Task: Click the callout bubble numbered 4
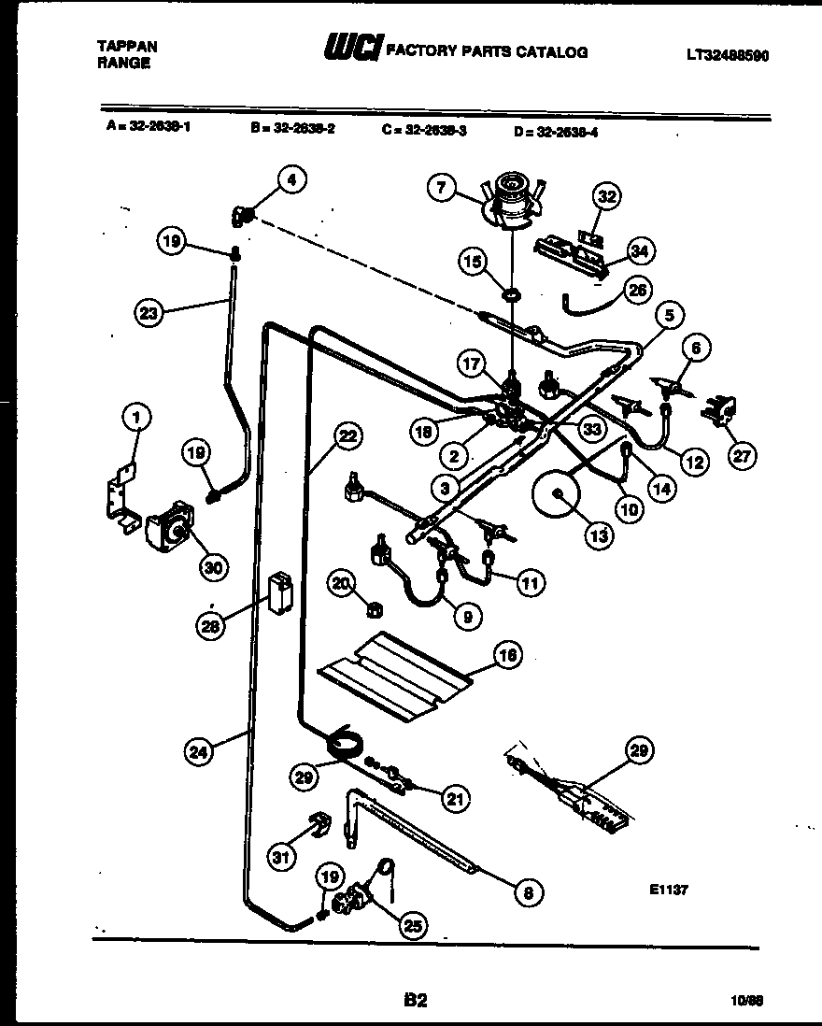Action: coord(291,181)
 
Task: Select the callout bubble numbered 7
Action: coord(441,188)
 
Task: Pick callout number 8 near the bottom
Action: coord(529,892)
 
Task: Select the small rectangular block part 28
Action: coord(278,592)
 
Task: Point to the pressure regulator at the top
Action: coord(510,198)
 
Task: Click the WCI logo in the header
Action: coord(351,50)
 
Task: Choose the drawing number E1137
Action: coord(668,891)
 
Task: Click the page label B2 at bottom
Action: coord(416,1000)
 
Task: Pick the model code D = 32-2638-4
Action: coord(555,132)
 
